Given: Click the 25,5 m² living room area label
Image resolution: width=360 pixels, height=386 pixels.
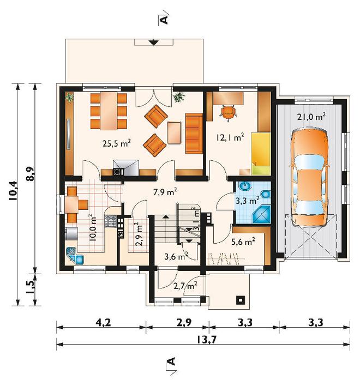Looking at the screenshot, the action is (x=117, y=143).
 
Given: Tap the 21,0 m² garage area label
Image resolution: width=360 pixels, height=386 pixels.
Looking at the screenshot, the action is (x=311, y=117).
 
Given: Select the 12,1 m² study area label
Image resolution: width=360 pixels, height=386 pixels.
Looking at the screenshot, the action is (x=230, y=137).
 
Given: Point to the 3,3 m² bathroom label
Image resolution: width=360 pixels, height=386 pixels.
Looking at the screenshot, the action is (x=247, y=201).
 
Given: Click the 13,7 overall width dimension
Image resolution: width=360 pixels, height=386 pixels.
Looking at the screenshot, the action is (x=207, y=340).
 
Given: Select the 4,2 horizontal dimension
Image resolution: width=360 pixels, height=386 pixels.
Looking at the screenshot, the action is (x=104, y=322).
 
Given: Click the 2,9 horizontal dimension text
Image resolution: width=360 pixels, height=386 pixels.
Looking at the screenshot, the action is (x=184, y=322).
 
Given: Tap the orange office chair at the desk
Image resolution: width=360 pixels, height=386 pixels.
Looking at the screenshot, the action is (x=229, y=113).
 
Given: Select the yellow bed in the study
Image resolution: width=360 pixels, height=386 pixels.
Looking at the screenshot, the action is (x=261, y=153).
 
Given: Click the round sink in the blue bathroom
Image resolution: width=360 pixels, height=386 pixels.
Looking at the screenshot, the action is (x=245, y=186).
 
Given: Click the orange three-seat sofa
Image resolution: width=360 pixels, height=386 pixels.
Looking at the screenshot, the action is (x=194, y=134).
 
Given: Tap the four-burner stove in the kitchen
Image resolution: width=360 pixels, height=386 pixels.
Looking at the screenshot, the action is (x=111, y=221).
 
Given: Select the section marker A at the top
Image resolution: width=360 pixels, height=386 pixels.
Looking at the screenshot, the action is (x=164, y=20).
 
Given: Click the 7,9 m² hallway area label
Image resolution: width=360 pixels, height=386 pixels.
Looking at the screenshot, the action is (x=165, y=192).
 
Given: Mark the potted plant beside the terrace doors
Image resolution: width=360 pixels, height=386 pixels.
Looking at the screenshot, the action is (x=179, y=97).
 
